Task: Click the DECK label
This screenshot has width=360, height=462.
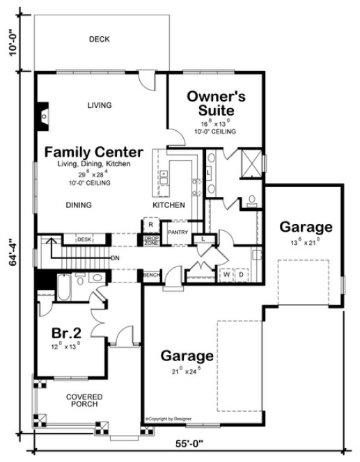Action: [x=100, y=40]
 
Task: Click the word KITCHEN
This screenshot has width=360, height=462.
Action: [x=169, y=205]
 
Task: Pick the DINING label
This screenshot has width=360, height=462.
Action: [x=80, y=205]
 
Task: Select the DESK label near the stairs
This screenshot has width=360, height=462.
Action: [x=85, y=239]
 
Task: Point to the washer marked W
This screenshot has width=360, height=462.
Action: [x=227, y=275]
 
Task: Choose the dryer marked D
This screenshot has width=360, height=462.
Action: [x=242, y=275]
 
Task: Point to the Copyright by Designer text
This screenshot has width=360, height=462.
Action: [x=171, y=419]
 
